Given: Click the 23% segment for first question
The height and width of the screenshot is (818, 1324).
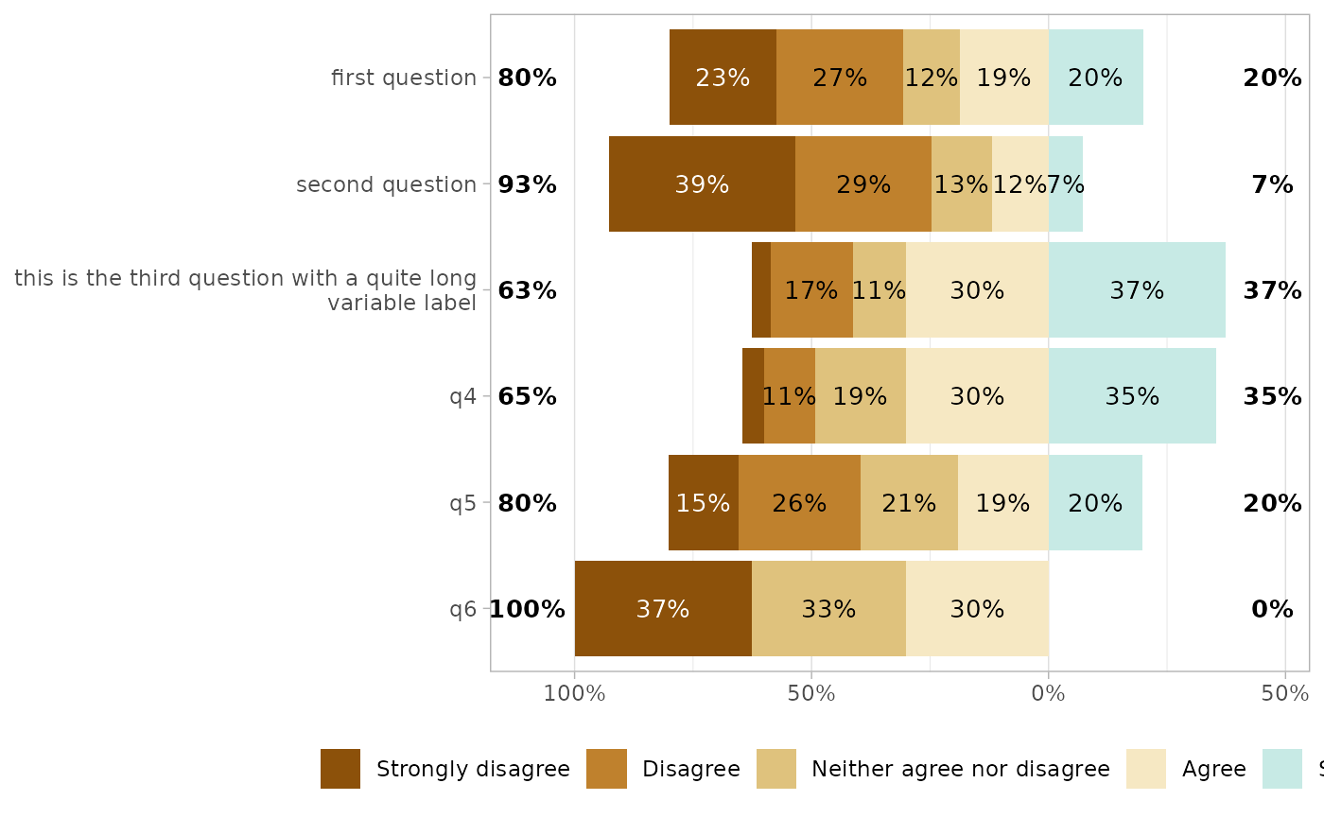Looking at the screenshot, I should [x=723, y=78].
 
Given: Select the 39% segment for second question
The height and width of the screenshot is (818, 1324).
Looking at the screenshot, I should [x=702, y=184].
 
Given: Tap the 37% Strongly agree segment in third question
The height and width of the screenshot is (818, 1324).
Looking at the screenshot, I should [x=1137, y=290].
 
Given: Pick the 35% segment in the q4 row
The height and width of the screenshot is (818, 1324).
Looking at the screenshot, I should [x=1132, y=396].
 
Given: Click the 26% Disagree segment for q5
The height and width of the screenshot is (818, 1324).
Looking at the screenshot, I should [x=799, y=503].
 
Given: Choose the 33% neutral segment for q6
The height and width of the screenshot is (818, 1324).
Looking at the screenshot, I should [x=828, y=609].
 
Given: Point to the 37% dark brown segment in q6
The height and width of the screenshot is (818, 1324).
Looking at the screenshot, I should [x=663, y=609].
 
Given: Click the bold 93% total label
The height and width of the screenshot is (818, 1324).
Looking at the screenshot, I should [x=527, y=184].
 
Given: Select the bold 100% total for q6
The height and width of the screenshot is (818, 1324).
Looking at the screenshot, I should [x=527, y=609].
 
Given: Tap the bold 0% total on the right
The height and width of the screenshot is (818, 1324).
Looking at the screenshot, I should [x=1272, y=609].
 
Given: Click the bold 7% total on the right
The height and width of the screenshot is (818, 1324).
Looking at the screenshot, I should [x=1272, y=184].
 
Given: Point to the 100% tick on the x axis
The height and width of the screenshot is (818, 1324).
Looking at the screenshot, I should [x=574, y=693].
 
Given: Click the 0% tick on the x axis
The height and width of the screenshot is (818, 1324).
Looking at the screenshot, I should [x=1048, y=693].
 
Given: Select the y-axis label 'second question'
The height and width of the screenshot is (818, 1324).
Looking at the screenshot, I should [x=386, y=184].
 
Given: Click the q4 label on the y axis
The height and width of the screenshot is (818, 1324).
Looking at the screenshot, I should [x=462, y=396].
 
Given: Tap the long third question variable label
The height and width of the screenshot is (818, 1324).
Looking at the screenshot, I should [x=245, y=290].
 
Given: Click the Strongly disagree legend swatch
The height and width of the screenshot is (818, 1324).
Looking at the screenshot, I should [x=340, y=769].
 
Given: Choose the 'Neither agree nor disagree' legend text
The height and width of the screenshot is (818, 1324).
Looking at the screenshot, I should [x=960, y=769].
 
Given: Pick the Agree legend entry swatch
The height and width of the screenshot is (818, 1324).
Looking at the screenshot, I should [x=1145, y=769].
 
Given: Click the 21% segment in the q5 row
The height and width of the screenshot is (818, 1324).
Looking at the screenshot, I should [x=909, y=503].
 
